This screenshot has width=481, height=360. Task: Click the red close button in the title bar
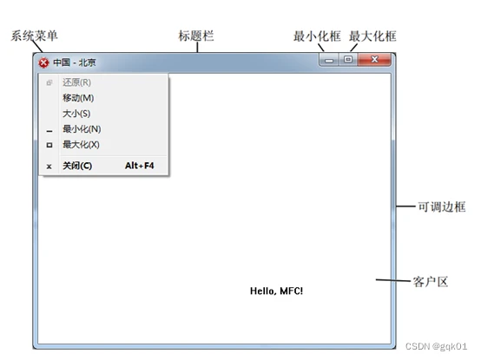[374, 60]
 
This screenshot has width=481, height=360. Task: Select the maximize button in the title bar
[348, 60]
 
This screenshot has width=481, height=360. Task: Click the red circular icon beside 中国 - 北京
[43, 62]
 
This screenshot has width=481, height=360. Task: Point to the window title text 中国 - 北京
[75, 62]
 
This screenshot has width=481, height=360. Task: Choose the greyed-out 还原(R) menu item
[76, 82]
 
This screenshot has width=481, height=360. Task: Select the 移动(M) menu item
[78, 98]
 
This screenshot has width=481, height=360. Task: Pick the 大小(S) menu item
[76, 114]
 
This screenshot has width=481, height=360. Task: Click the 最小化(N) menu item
[82, 129]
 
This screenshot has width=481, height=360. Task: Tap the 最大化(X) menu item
[81, 144]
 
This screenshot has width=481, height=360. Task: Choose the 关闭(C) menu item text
[77, 166]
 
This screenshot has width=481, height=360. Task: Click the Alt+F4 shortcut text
[140, 166]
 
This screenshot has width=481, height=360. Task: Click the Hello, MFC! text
[276, 291]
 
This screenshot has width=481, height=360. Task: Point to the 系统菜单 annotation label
[35, 36]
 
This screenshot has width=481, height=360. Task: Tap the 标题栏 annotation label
[196, 36]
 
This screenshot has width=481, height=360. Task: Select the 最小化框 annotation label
[317, 36]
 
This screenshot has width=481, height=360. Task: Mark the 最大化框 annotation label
[372, 36]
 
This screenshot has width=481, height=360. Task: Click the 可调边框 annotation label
[442, 206]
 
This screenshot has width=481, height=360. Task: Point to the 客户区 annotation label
[431, 282]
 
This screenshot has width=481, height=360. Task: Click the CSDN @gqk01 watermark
[436, 346]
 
